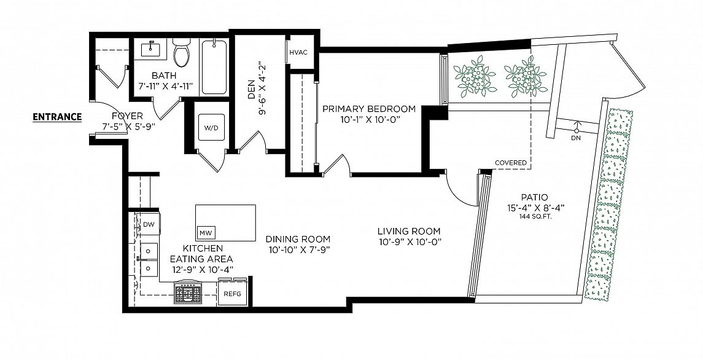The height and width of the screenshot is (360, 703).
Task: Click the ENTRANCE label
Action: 57,117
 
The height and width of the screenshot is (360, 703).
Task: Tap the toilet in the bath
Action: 182,52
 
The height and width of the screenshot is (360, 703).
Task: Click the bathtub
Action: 214,68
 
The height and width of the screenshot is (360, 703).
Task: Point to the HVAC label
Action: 298,52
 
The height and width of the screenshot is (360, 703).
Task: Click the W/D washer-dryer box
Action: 211,128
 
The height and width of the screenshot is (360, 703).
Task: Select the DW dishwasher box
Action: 149,224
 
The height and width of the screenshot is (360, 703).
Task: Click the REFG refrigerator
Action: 232,294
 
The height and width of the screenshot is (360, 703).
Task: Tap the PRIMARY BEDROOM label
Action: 369,109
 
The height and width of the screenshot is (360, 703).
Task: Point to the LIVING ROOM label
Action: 409,231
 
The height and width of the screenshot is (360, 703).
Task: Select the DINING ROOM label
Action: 298,239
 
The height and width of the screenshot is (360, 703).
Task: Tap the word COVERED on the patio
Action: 511,163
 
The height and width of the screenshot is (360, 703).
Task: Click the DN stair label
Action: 576,138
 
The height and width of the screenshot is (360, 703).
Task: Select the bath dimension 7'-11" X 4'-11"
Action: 165,86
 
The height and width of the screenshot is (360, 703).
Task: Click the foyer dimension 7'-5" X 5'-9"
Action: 127,126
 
